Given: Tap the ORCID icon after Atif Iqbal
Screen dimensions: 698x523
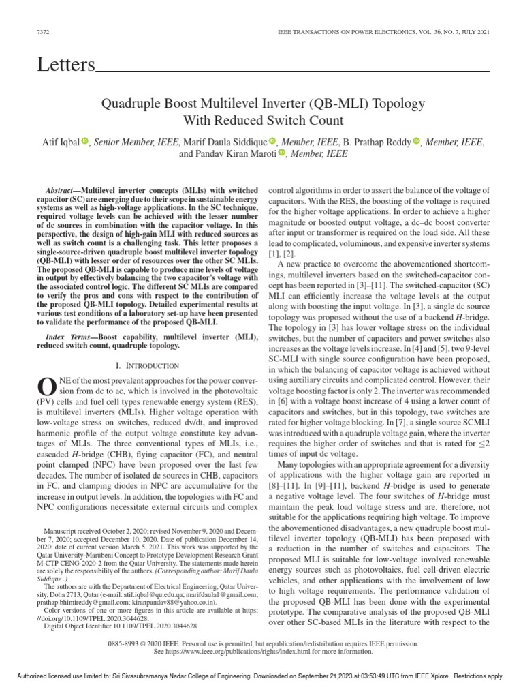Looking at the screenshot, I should click(85, 142).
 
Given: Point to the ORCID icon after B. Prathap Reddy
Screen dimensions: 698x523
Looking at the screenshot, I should click(415, 142).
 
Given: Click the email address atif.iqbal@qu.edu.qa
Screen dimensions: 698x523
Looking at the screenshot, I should click(176, 594).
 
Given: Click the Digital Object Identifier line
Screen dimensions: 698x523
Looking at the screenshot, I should click(120, 625).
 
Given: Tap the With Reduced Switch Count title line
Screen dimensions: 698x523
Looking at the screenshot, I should click(262, 121).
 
